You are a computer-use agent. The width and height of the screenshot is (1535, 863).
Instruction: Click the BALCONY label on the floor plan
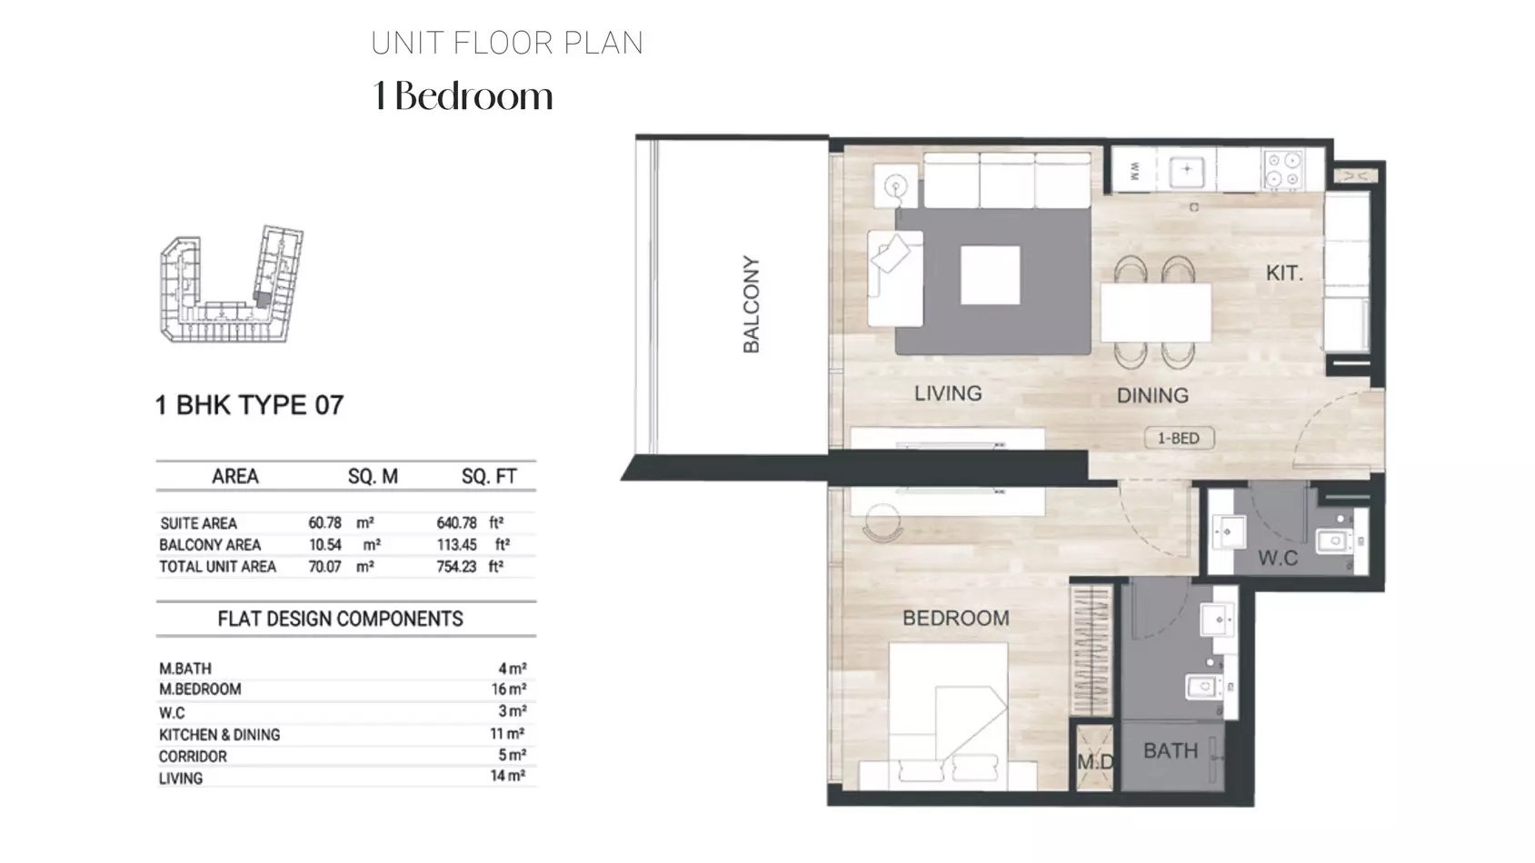[751, 305]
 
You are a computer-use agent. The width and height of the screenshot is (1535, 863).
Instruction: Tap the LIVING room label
[948, 393]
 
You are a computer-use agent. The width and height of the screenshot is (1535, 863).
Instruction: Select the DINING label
[1152, 395]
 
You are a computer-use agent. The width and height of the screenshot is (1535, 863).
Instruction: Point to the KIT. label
[1284, 273]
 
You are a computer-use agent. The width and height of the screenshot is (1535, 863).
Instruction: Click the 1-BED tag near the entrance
[1179, 439]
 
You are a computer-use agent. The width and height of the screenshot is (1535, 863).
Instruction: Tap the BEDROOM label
[956, 619]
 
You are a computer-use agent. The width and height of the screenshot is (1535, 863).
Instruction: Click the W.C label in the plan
[1278, 558]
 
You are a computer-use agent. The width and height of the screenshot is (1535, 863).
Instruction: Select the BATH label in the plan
[1171, 751]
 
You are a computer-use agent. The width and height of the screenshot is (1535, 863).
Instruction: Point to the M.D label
[1095, 761]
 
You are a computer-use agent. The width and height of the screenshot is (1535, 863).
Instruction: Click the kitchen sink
[1187, 169]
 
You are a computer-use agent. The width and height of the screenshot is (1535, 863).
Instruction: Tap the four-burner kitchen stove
[1283, 169]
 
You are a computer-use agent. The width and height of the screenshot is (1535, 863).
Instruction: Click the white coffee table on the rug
[990, 275]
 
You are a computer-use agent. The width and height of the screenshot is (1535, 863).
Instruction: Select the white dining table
[1155, 312]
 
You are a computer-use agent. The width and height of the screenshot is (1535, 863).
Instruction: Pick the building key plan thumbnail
[231, 283]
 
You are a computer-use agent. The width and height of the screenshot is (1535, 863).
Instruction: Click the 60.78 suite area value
[324, 523]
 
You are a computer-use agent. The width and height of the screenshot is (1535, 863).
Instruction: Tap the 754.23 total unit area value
[456, 567]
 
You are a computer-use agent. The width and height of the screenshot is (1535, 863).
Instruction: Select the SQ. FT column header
[489, 477]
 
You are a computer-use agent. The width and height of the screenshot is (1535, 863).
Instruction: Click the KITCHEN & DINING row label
[219, 735]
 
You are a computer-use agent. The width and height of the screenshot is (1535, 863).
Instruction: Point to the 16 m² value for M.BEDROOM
[508, 689]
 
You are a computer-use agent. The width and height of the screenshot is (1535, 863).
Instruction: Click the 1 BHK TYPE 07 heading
[249, 405]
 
